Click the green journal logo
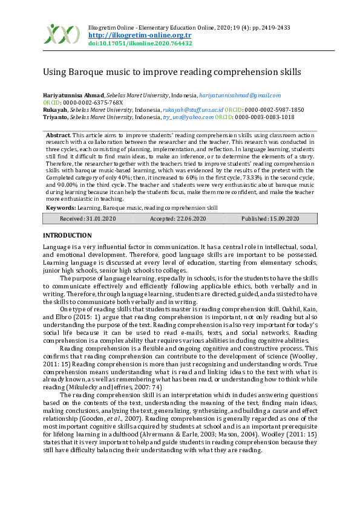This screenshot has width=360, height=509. coord(62,34)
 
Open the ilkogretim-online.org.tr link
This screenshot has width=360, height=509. coord(123,36)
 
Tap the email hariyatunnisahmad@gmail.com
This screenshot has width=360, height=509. coord(240,95)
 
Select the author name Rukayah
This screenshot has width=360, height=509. coord(54,110)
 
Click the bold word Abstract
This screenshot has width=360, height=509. coord(58,135)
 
